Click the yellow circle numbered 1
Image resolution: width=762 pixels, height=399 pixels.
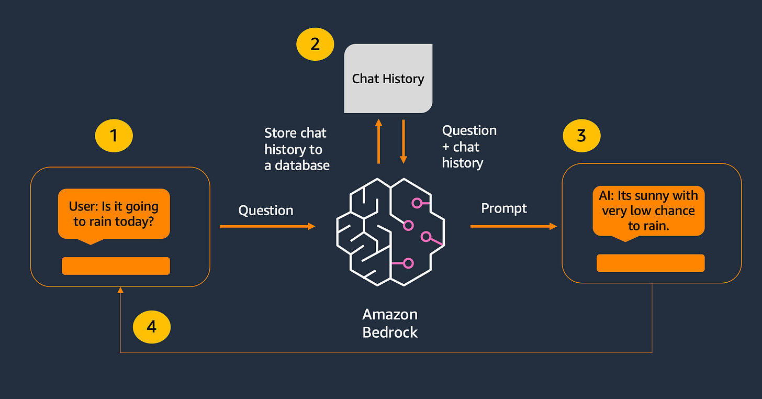click(x=114, y=136)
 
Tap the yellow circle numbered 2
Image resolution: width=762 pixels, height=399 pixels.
click(x=315, y=44)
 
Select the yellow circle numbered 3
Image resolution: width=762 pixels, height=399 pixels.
click(x=581, y=136)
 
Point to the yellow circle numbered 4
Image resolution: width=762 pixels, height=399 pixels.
click(x=151, y=327)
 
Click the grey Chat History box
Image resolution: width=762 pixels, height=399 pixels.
click(x=388, y=79)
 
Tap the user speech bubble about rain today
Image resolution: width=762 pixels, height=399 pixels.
click(x=114, y=214)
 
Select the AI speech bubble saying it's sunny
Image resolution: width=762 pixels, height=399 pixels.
click(x=648, y=211)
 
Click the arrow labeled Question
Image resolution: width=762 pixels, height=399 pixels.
click(x=267, y=226)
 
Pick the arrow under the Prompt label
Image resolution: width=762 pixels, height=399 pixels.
click(x=513, y=226)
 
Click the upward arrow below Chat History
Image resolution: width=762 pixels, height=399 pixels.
click(x=378, y=142)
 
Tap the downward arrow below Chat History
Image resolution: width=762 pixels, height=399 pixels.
click(x=403, y=142)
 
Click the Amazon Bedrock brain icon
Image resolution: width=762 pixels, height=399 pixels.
click(x=390, y=231)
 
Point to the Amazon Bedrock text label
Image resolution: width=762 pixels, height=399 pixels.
click(x=390, y=323)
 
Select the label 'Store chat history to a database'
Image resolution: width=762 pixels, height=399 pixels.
click(x=297, y=149)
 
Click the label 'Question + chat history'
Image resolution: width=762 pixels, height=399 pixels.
click(x=469, y=147)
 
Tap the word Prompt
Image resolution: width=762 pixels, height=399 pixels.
click(x=504, y=208)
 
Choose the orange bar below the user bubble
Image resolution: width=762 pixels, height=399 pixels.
click(x=116, y=266)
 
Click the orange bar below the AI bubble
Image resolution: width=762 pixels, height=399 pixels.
click(x=651, y=263)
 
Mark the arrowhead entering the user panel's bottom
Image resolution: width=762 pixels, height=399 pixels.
click(x=121, y=290)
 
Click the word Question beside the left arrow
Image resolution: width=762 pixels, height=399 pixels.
click(x=266, y=210)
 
